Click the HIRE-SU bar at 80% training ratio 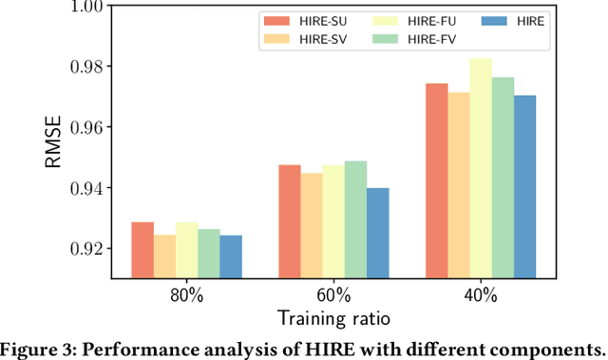(x=142, y=250)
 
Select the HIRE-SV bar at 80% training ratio (x=164, y=256)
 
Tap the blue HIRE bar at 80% (x=230, y=256)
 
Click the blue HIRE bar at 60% (x=377, y=233)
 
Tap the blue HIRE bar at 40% (x=524, y=186)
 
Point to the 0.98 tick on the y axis (x=83, y=66)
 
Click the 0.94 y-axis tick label (x=83, y=188)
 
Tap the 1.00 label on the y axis (x=83, y=7)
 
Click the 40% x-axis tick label (x=481, y=294)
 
